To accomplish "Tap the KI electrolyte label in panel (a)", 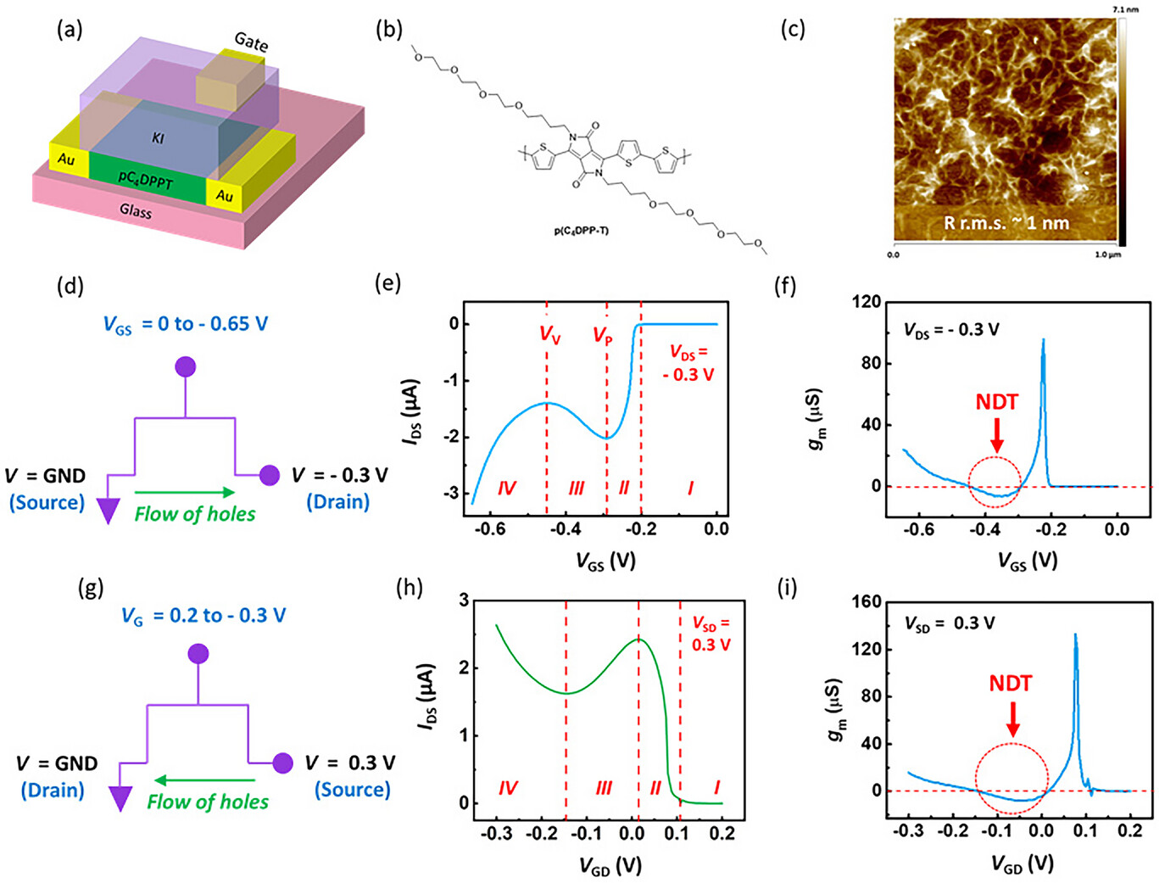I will pyautogui.click(x=158, y=137).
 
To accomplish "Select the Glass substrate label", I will pyautogui.click(x=136, y=210).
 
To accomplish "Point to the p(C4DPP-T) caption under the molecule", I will pyautogui.click(x=581, y=231).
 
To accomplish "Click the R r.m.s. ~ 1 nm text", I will pyautogui.click(x=1006, y=224).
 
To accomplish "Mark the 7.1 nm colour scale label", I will pyautogui.click(x=1126, y=9).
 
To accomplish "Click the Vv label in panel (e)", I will pyautogui.click(x=550, y=334).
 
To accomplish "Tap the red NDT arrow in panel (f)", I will pyautogui.click(x=997, y=433).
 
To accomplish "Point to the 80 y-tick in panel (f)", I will pyautogui.click(x=868, y=363).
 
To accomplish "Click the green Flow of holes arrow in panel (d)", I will pyautogui.click(x=185, y=492).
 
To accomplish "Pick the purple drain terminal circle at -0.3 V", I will pyautogui.click(x=270, y=475).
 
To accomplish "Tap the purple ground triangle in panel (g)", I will pyautogui.click(x=120, y=798).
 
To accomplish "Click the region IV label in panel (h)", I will pyautogui.click(x=508, y=789).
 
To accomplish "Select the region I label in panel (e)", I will pyautogui.click(x=690, y=488).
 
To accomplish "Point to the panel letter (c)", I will pyautogui.click(x=792, y=30).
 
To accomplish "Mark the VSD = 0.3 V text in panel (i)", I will pyautogui.click(x=939, y=623).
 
